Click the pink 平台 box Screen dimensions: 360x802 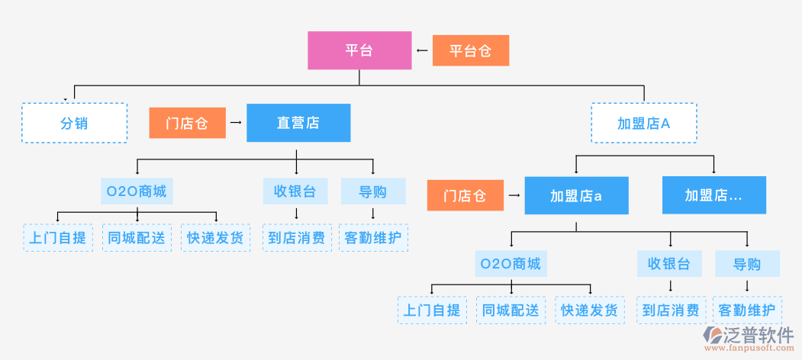(359, 50)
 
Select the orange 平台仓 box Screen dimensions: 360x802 (470, 51)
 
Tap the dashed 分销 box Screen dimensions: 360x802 (74, 123)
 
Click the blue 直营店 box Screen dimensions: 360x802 (298, 123)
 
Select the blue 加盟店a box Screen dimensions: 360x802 (576, 196)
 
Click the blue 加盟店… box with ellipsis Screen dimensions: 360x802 (713, 196)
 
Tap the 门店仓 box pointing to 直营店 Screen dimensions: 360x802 (187, 123)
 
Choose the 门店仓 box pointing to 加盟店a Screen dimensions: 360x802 (465, 196)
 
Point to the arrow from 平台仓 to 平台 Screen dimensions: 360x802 (422, 51)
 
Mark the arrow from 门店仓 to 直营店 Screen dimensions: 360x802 (236, 123)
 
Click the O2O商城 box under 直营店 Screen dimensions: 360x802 (137, 191)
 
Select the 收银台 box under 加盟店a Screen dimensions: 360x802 (669, 264)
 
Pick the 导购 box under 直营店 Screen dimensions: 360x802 (373, 191)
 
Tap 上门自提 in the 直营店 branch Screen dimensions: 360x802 (57, 238)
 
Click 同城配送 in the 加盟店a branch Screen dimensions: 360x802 (511, 310)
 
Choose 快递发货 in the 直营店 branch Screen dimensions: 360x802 (215, 238)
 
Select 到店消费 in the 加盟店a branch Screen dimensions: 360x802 (671, 310)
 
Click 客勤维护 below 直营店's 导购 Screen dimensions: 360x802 (373, 238)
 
